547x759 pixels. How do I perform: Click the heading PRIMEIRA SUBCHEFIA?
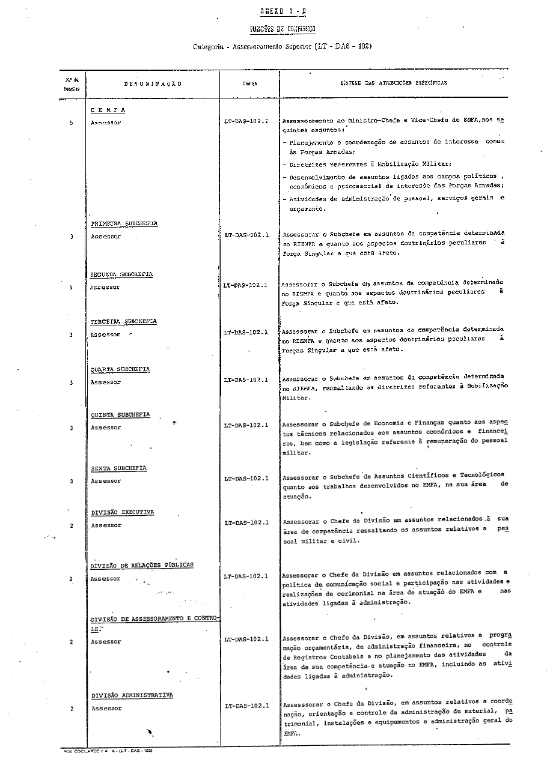[x=124, y=223]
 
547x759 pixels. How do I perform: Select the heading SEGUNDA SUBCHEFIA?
[x=121, y=274]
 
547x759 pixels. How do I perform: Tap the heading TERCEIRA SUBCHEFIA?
[x=123, y=321]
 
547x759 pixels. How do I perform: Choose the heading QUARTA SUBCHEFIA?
[x=120, y=369]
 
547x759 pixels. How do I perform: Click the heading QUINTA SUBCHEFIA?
[x=120, y=415]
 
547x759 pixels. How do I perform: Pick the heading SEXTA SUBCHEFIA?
[x=118, y=468]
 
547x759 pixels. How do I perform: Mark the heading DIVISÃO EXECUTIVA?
[x=122, y=512]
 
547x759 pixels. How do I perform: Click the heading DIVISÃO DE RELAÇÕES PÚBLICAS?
[x=142, y=566]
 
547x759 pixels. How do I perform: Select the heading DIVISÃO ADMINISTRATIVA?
[x=132, y=695]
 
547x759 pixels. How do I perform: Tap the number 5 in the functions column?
[x=71, y=122]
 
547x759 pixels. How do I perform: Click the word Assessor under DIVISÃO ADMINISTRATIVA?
[x=106, y=709]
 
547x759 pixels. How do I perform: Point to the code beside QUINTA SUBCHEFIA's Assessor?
[x=246, y=425]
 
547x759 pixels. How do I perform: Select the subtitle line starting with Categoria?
[x=283, y=46]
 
